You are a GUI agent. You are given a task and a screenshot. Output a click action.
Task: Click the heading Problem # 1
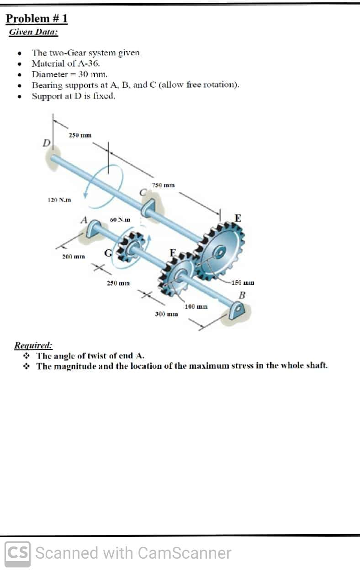(37, 19)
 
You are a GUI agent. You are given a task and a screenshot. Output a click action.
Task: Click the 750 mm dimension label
(162, 185)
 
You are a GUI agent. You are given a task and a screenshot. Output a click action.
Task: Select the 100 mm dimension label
(196, 306)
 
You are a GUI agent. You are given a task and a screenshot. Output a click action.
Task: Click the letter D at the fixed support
(46, 143)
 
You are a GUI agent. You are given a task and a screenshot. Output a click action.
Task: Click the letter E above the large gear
(238, 217)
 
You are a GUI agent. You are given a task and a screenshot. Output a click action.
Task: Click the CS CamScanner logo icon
(18, 553)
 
